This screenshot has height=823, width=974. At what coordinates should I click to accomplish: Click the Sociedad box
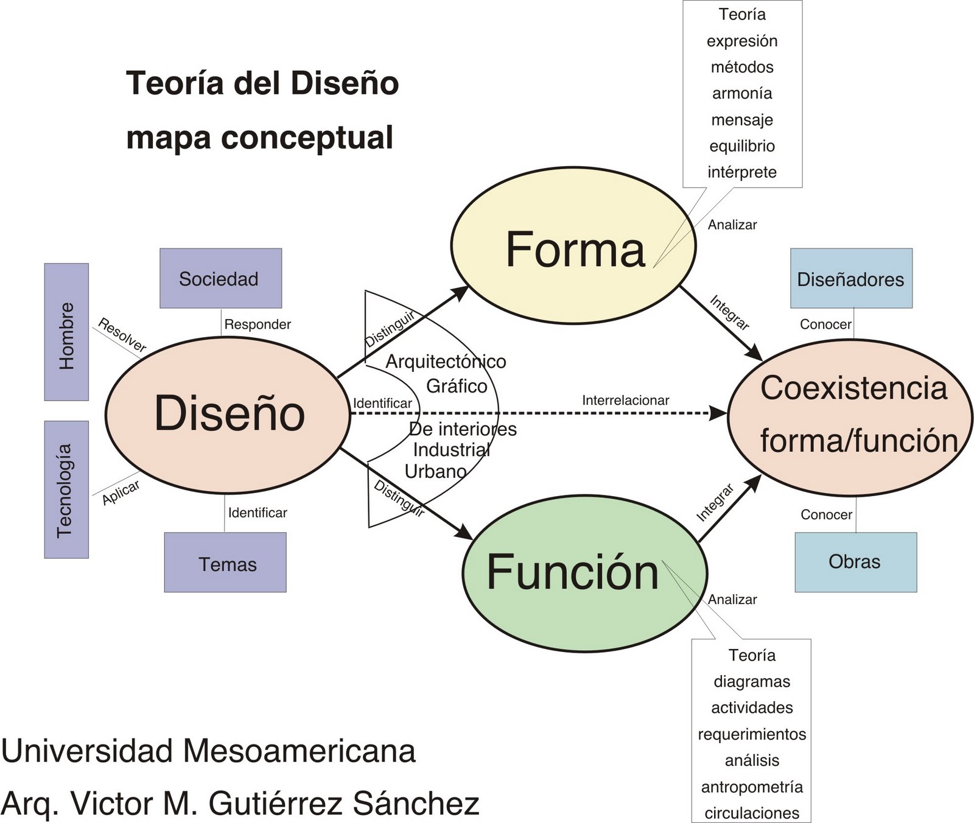220,278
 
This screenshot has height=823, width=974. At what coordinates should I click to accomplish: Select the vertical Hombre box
66,332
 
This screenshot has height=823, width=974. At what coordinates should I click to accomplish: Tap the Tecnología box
66,489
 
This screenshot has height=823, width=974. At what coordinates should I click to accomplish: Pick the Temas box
225,563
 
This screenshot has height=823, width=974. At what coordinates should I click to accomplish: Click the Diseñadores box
850,279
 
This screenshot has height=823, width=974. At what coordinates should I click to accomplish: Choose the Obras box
855,561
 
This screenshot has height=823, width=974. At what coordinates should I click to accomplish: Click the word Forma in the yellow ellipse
575,250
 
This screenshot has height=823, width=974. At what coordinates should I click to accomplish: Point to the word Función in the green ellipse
572,572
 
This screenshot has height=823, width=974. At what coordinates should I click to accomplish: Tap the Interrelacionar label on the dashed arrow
625,401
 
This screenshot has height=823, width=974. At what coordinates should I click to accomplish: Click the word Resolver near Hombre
122,335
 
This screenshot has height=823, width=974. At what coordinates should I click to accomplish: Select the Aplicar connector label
121,492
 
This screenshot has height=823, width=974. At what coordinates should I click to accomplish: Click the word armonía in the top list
742,93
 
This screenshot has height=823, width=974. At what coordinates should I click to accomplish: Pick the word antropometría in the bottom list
752,787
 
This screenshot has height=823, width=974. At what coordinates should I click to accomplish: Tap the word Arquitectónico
446,362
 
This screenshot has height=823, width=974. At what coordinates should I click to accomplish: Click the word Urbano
435,472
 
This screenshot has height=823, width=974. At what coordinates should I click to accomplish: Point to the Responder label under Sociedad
258,324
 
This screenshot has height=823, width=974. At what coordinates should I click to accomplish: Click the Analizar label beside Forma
732,225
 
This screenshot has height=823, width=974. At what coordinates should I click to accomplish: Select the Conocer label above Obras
826,515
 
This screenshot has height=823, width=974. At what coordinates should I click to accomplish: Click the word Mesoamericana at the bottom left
299,751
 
